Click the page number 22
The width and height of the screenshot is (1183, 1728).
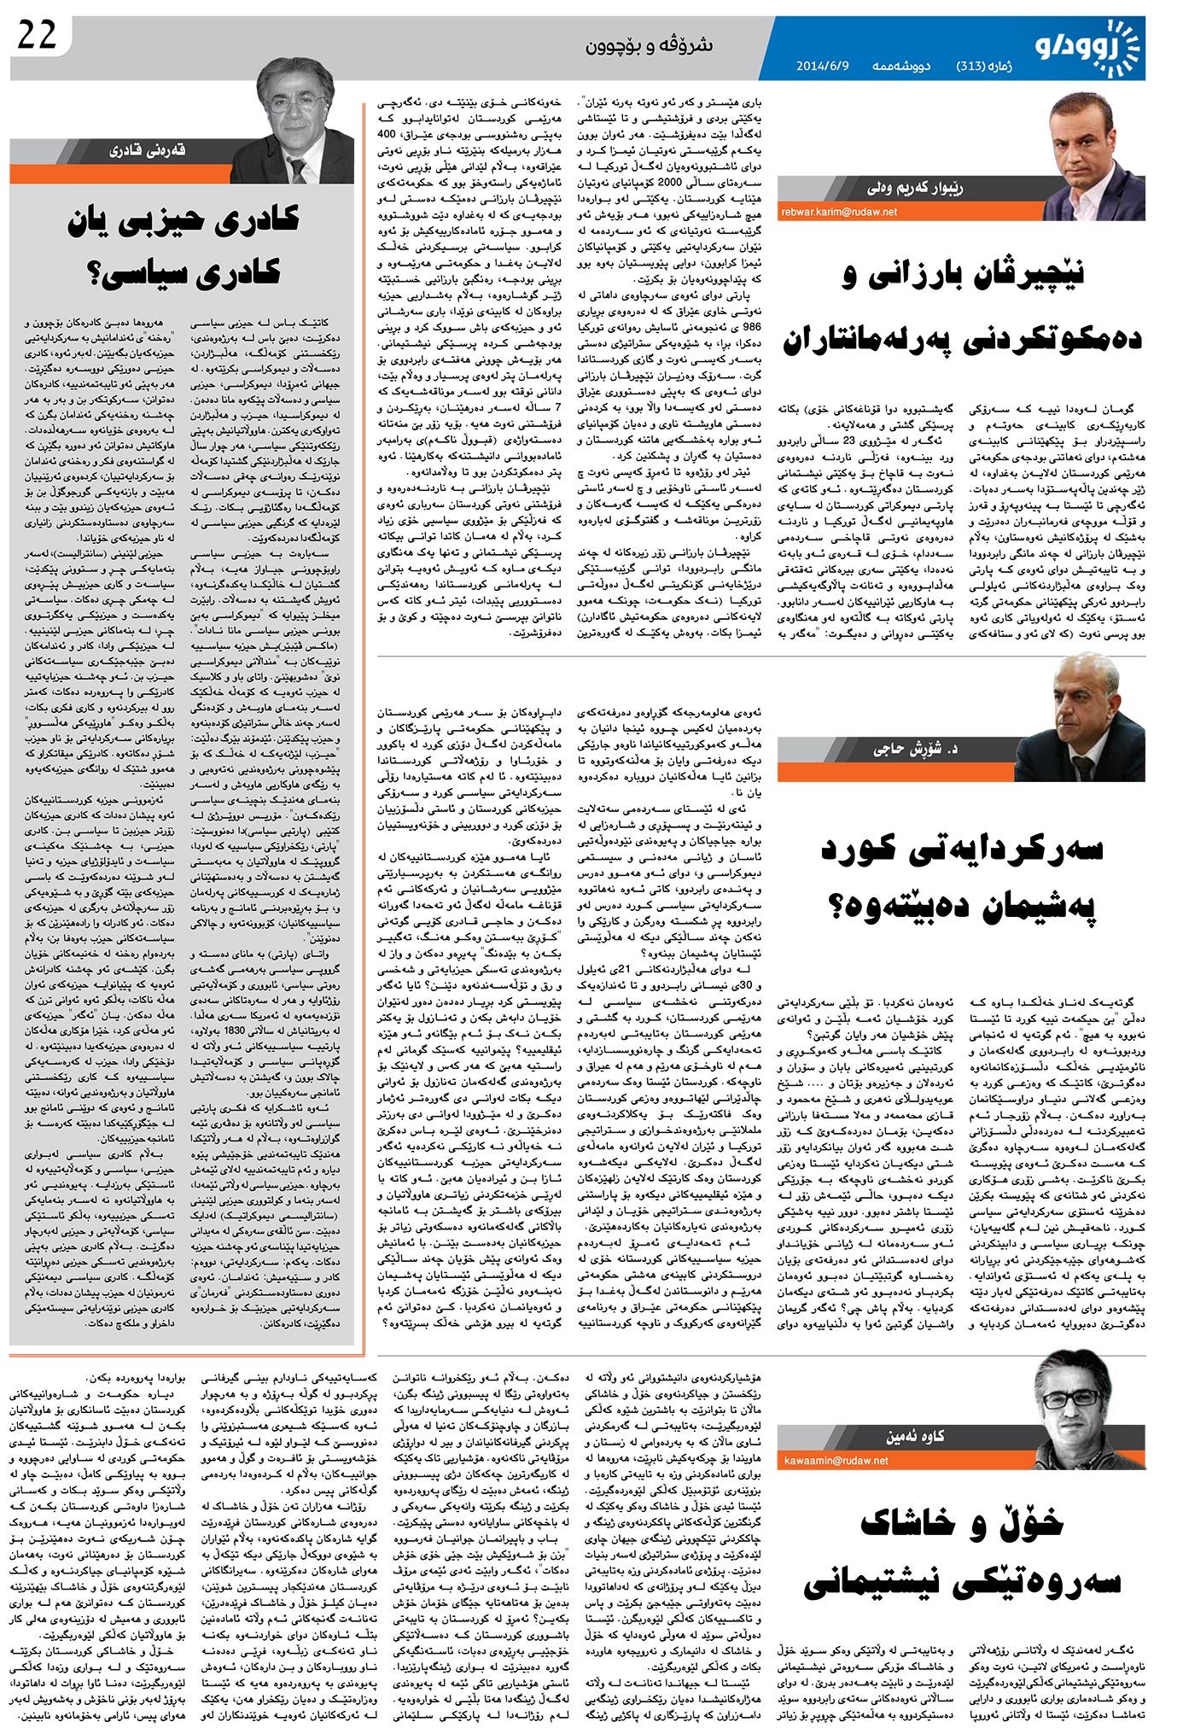(x=36, y=36)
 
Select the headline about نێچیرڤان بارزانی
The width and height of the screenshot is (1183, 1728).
(x=962, y=307)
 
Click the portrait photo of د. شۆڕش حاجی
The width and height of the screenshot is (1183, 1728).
(x=1081, y=717)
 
